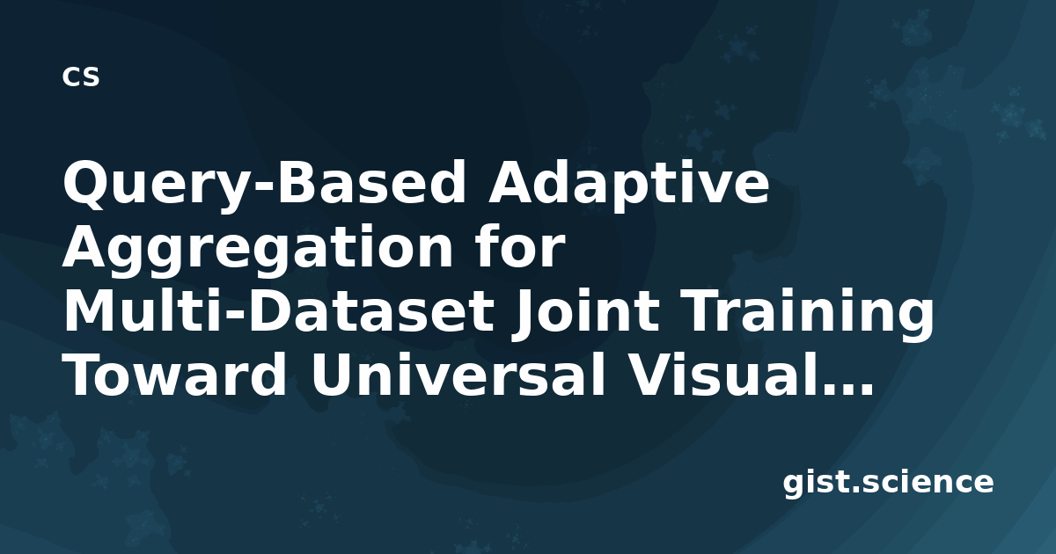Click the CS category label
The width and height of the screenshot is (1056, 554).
coord(81,77)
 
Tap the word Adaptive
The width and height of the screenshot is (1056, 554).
coord(628,182)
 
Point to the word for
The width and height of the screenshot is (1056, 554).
coord(520,245)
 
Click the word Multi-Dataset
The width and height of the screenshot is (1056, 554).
coord(279,310)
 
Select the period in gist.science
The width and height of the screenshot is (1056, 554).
coord(855,489)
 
